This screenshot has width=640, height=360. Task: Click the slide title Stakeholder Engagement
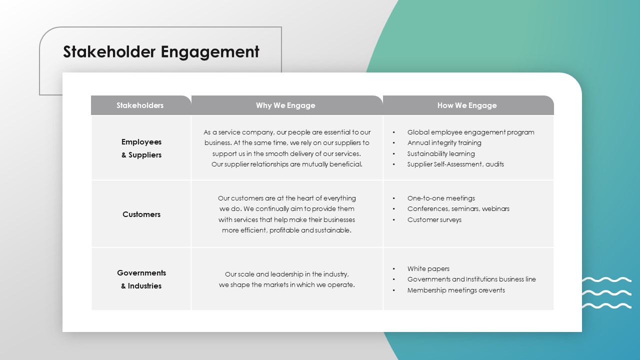(161, 52)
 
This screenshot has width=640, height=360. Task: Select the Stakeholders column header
(140, 105)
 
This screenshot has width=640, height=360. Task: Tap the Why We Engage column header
(285, 105)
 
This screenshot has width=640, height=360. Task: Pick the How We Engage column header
(467, 105)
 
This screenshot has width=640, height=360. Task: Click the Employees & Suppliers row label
(141, 148)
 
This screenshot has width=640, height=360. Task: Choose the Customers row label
(141, 214)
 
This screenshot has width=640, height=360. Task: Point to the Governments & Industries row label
(141, 279)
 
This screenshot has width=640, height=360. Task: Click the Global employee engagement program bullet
(470, 132)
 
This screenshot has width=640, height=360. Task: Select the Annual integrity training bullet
(444, 143)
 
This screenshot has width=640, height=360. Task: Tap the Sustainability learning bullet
(441, 153)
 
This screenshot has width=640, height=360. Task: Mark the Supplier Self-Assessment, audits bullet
(455, 164)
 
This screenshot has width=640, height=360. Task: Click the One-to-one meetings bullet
(441, 198)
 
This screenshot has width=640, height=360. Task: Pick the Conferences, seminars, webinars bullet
(458, 209)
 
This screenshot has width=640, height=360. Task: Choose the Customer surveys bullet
(434, 219)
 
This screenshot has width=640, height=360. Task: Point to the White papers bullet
(428, 269)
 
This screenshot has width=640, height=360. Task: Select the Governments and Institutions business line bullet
(471, 279)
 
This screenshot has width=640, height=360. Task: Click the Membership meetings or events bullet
(456, 290)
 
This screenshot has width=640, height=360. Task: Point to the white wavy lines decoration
(606, 292)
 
